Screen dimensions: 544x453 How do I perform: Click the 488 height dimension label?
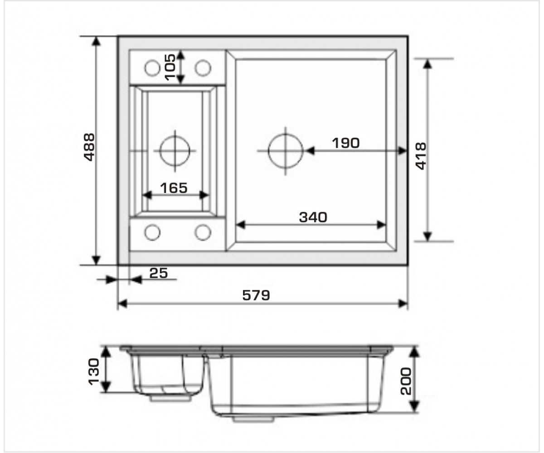coord(90,147)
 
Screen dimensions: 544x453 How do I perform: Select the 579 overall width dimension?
coord(256,295)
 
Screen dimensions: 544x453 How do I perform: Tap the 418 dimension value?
coord(421,156)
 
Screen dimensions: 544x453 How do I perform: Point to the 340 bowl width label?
coord(313,217)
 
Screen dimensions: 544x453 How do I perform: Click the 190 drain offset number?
coord(346,143)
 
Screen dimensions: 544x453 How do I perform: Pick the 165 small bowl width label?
coord(174,188)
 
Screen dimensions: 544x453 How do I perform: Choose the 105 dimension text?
coord(170,67)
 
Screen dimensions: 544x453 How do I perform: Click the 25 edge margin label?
coord(158,273)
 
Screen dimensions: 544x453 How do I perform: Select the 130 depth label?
coord(94,371)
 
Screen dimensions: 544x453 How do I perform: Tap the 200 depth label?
coord(406,381)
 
